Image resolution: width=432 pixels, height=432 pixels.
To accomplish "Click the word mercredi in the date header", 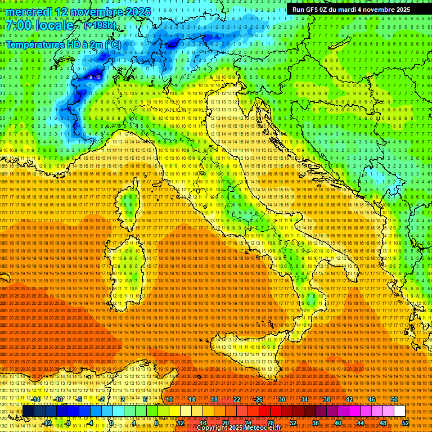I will pos(31,12).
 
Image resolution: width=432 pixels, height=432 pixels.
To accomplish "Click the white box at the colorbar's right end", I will pos(399,411).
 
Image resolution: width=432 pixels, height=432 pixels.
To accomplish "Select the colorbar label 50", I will pos(394,399).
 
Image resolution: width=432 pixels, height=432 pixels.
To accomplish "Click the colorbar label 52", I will pos(405,422).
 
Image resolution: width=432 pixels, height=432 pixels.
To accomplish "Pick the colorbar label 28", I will pos(270,422).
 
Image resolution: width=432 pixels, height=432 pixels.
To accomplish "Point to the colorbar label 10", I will pos(169,399).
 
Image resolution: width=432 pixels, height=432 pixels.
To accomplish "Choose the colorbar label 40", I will pos(337,422).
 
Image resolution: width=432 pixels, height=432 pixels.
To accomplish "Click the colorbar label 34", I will pos(304,399).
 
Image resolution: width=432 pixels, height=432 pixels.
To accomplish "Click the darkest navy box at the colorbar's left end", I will pos(28,411).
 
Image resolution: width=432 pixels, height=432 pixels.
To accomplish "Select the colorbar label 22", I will pos(236,399).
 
